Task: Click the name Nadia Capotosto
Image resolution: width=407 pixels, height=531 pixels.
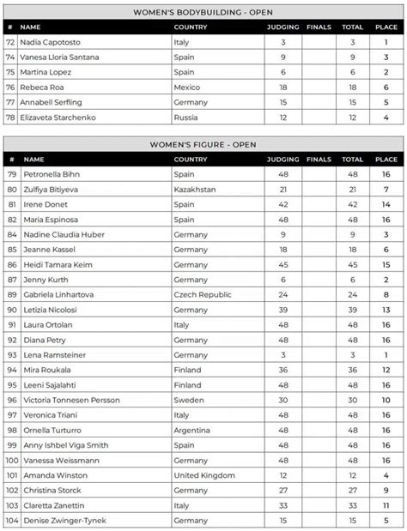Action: click(x=55, y=41)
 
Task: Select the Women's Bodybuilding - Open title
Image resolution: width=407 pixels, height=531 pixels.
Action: click(x=203, y=12)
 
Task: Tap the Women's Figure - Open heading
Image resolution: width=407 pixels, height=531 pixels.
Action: click(x=203, y=145)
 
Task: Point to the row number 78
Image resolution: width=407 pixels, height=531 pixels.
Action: click(x=11, y=117)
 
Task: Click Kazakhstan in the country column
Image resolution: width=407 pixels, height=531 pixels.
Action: click(x=195, y=189)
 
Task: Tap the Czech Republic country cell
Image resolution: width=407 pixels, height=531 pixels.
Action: click(x=203, y=294)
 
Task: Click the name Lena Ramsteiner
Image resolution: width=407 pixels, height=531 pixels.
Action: click(x=53, y=354)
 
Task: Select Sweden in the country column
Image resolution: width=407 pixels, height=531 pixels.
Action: click(x=188, y=399)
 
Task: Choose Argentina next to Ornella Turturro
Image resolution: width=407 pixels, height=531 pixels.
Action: click(x=192, y=429)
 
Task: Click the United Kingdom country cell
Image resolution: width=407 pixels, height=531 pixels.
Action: click(x=205, y=474)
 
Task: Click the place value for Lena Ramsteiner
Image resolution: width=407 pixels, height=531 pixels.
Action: click(x=386, y=354)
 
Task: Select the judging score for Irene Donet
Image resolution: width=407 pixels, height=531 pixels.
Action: click(x=282, y=204)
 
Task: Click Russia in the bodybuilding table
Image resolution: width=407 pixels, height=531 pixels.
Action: click(x=185, y=117)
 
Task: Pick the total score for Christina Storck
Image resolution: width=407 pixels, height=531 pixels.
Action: click(x=352, y=489)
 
